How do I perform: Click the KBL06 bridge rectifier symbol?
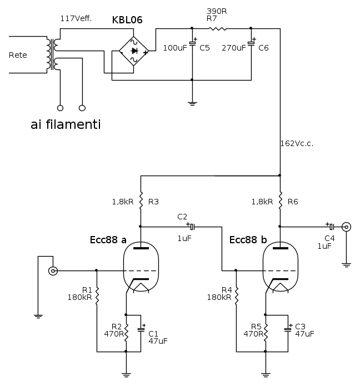(x=134, y=51)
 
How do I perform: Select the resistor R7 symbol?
(x=217, y=28)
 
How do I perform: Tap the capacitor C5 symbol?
(x=192, y=43)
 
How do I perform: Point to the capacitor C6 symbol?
(x=251, y=43)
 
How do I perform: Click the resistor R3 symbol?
(x=141, y=200)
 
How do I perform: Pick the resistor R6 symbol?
(x=280, y=200)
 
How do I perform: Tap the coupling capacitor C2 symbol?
(x=192, y=227)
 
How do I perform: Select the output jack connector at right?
(x=347, y=227)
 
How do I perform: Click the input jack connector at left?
(x=53, y=271)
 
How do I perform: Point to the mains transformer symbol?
(x=53, y=54)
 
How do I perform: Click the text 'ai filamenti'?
(x=66, y=125)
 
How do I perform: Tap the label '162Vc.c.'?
(x=297, y=143)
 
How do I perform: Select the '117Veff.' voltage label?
(x=76, y=19)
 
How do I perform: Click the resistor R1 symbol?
(x=97, y=295)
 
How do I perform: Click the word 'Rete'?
(x=18, y=55)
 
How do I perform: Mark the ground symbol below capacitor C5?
(x=192, y=102)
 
